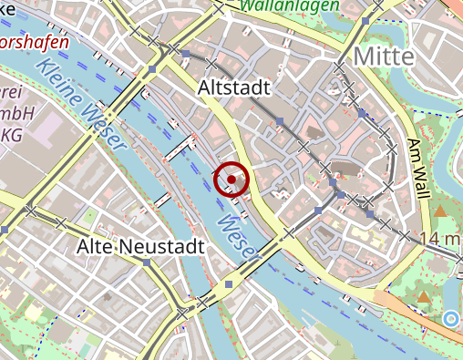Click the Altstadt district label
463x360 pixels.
(x=234, y=87)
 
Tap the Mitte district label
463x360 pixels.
(x=383, y=57)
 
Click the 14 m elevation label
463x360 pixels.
(x=442, y=239)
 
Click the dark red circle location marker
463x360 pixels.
(x=232, y=180)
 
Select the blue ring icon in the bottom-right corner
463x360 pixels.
(x=450, y=318)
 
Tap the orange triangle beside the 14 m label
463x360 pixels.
(x=442, y=211)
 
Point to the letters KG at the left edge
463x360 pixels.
(x=12, y=135)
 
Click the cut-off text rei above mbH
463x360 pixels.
(x=10, y=92)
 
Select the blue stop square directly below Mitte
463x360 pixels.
(x=362, y=114)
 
